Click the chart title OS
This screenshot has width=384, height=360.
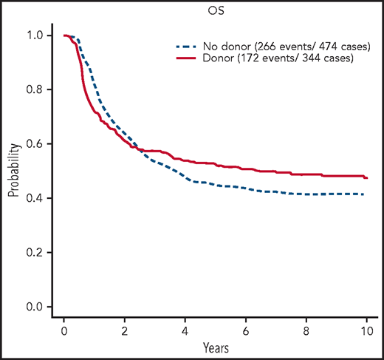click(212, 10)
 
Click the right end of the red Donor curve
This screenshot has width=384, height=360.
click(366, 178)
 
